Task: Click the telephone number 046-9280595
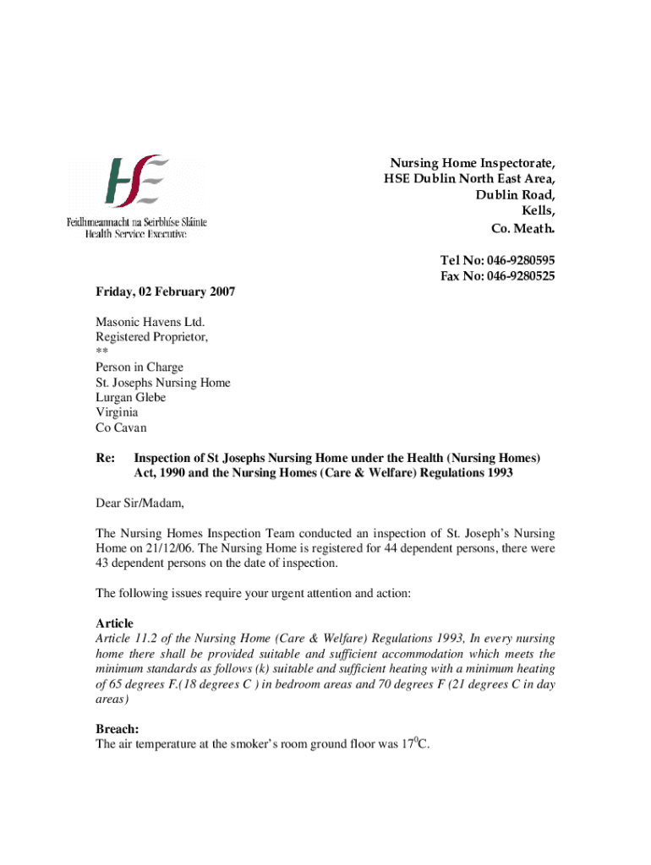pos(516,260)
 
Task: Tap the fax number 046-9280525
pos(516,276)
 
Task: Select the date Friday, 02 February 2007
pos(165,291)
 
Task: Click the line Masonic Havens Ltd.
pos(150,322)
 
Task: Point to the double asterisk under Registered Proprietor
pos(101,352)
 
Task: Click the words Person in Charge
pos(139,367)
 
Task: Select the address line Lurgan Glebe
pos(130,398)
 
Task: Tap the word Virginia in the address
pos(117,413)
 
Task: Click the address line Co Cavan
pos(120,428)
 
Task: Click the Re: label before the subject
pos(105,458)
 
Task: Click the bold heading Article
pos(114,623)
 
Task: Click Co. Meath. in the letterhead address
pos(523,229)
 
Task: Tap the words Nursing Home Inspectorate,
pos(472,162)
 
